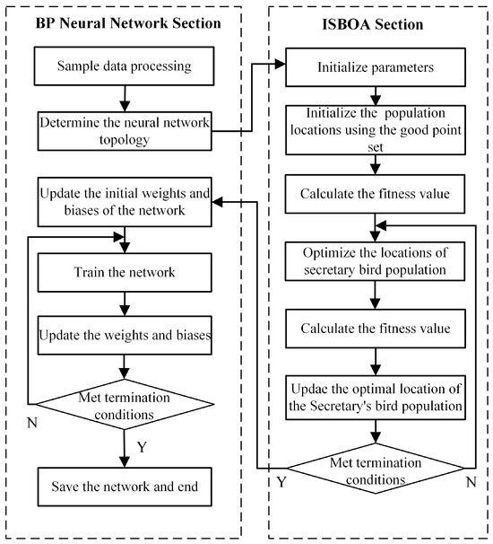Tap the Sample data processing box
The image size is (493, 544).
point(125,66)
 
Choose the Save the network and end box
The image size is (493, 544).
point(125,488)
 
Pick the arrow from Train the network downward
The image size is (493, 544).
point(125,303)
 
